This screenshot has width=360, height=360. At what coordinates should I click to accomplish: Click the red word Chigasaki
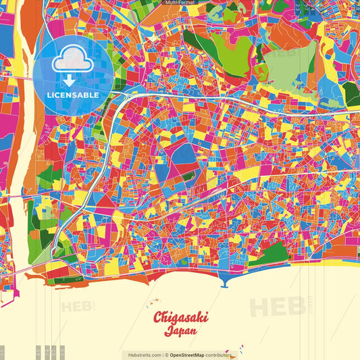180,317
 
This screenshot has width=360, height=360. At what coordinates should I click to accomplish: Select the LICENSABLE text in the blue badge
72,95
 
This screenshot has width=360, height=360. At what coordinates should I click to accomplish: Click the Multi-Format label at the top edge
180,3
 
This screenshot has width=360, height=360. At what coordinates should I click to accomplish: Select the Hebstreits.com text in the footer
143,355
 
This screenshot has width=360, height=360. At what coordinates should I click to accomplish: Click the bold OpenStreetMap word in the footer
187,355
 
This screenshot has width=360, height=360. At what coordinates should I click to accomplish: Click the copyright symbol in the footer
165,355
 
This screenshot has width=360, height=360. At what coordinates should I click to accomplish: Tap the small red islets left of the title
154,301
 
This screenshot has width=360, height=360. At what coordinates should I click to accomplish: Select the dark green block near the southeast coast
273,253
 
